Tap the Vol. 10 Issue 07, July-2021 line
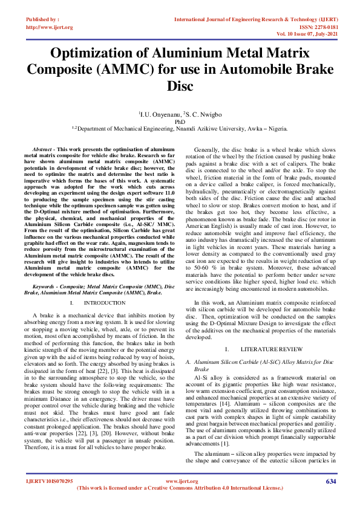point(307,35)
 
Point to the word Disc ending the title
point(179,86)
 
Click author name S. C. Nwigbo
point(201,113)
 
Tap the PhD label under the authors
point(179,121)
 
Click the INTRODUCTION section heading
point(105,302)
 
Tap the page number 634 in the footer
point(330,481)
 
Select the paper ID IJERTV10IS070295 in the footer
point(50,481)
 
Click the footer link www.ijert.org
point(179,481)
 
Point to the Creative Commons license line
point(179,488)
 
